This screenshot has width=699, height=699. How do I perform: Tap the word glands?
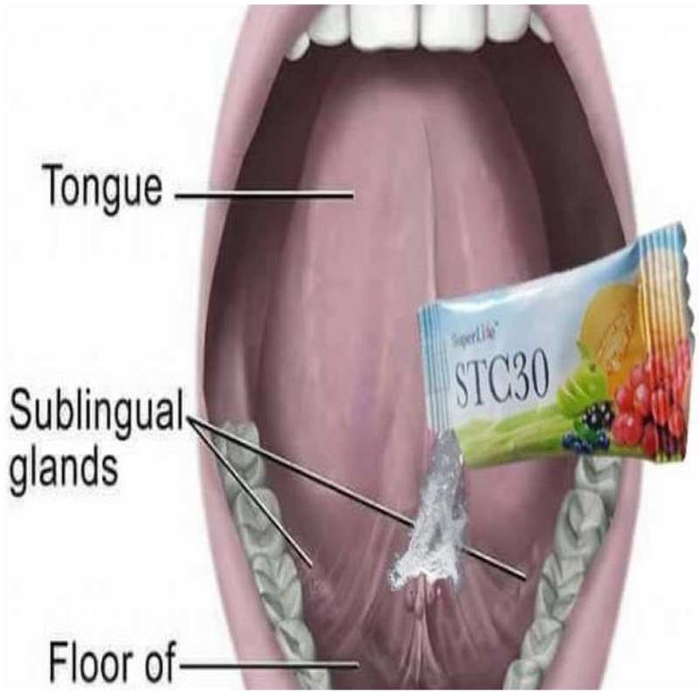click(x=64, y=469)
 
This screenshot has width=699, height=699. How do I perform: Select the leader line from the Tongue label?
click(x=264, y=195)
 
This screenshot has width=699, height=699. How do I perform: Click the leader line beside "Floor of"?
click(x=269, y=665)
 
